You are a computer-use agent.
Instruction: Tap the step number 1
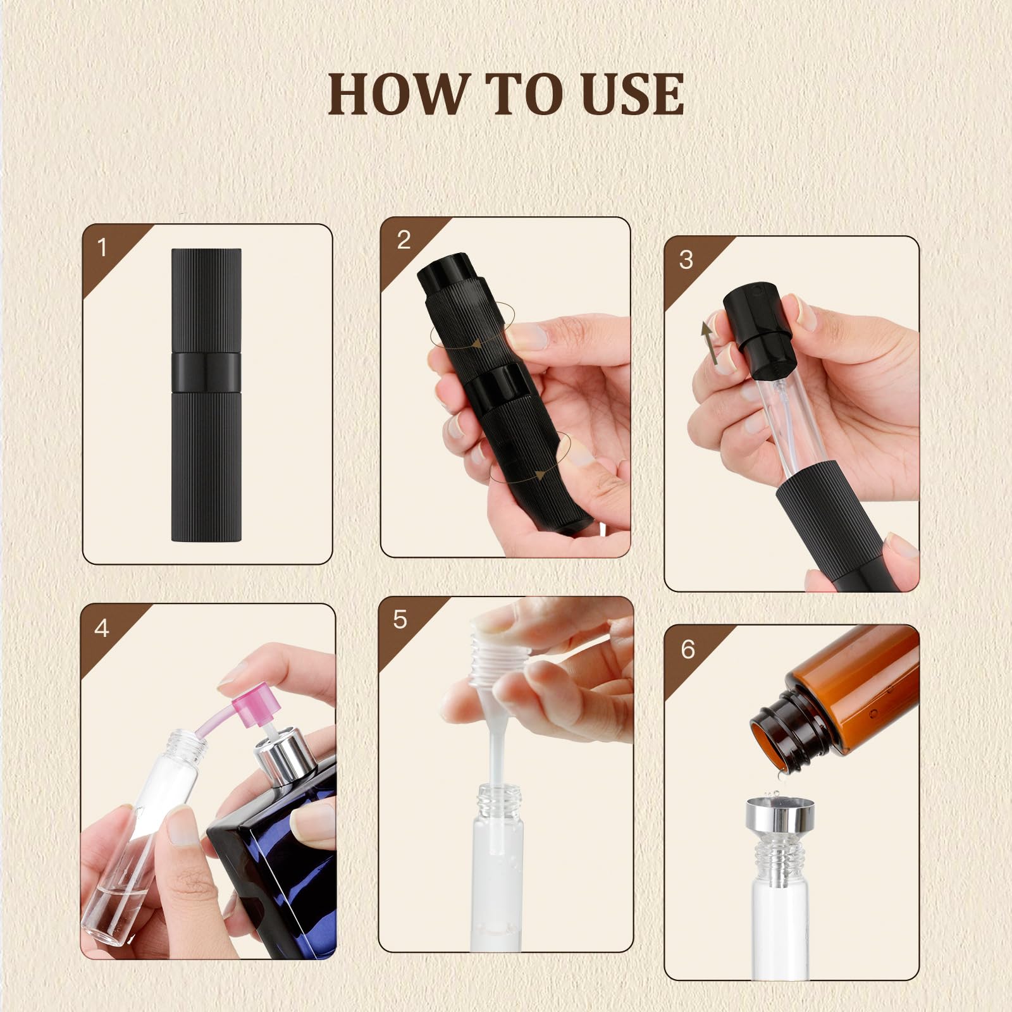coord(102,247)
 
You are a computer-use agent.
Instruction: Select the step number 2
coord(404,240)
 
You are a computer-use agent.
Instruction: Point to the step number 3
coord(686,260)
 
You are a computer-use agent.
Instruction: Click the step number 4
coord(101,628)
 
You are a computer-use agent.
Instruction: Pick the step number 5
coord(400,620)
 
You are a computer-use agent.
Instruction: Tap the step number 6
coord(688,650)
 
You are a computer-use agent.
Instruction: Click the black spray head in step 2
coord(443,269)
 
